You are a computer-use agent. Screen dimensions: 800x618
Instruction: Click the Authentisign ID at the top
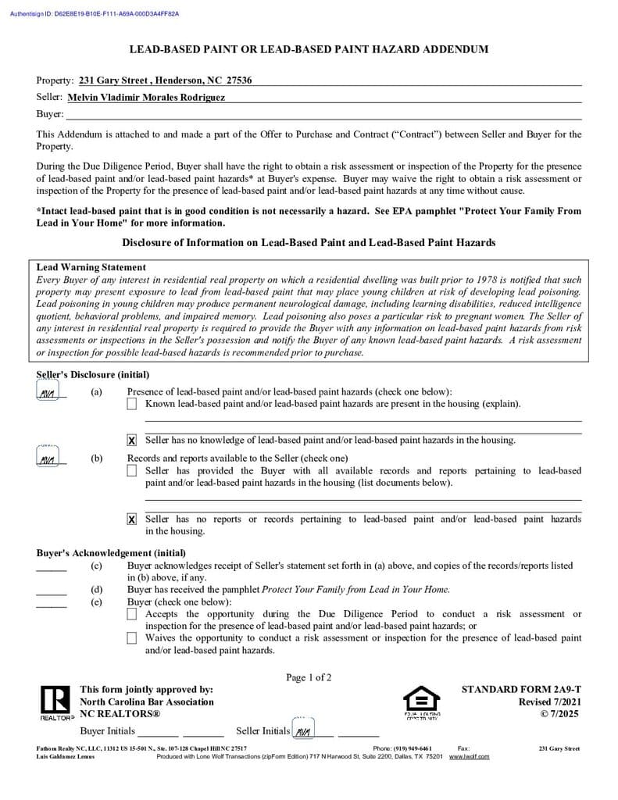(94, 14)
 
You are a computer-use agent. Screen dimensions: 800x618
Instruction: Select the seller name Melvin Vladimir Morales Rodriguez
(146, 98)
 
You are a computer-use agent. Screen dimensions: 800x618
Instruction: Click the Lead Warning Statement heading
(91, 267)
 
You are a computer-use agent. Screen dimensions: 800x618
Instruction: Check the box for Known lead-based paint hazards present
(131, 404)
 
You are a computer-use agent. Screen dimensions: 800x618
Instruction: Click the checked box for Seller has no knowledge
(131, 441)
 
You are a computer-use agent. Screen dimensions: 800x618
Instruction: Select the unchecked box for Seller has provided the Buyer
(131, 471)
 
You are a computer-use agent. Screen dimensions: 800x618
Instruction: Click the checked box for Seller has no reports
(131, 520)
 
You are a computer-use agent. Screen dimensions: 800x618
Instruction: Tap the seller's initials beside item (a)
(48, 393)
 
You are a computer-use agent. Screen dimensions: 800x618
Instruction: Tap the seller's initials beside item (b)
(48, 459)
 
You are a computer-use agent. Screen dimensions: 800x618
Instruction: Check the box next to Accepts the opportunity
(131, 615)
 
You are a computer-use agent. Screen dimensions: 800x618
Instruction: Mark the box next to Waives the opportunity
(131, 638)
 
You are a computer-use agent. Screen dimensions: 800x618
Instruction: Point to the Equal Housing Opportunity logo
(421, 702)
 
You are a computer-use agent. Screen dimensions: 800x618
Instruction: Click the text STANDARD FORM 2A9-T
(521, 690)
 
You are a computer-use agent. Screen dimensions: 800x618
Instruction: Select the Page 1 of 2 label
(309, 677)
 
